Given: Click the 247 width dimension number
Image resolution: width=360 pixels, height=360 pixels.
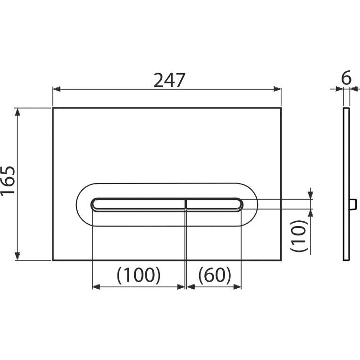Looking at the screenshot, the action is [x=169, y=80].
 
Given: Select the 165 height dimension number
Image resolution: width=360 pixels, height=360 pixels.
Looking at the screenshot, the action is [x=8, y=181].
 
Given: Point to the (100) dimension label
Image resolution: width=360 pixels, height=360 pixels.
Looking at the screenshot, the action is [x=139, y=275].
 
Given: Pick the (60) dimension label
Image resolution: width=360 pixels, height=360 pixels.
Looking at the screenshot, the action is [x=214, y=275].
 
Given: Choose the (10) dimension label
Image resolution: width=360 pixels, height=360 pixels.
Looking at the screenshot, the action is [x=299, y=236].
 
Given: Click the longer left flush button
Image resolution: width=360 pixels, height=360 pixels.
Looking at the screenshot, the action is [x=138, y=204].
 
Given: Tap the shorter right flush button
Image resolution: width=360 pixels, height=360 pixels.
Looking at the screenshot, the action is [x=214, y=204].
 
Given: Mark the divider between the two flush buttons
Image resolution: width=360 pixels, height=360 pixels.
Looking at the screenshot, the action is [x=185, y=204].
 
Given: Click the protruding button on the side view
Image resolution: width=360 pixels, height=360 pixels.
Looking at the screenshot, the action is [x=353, y=204].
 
